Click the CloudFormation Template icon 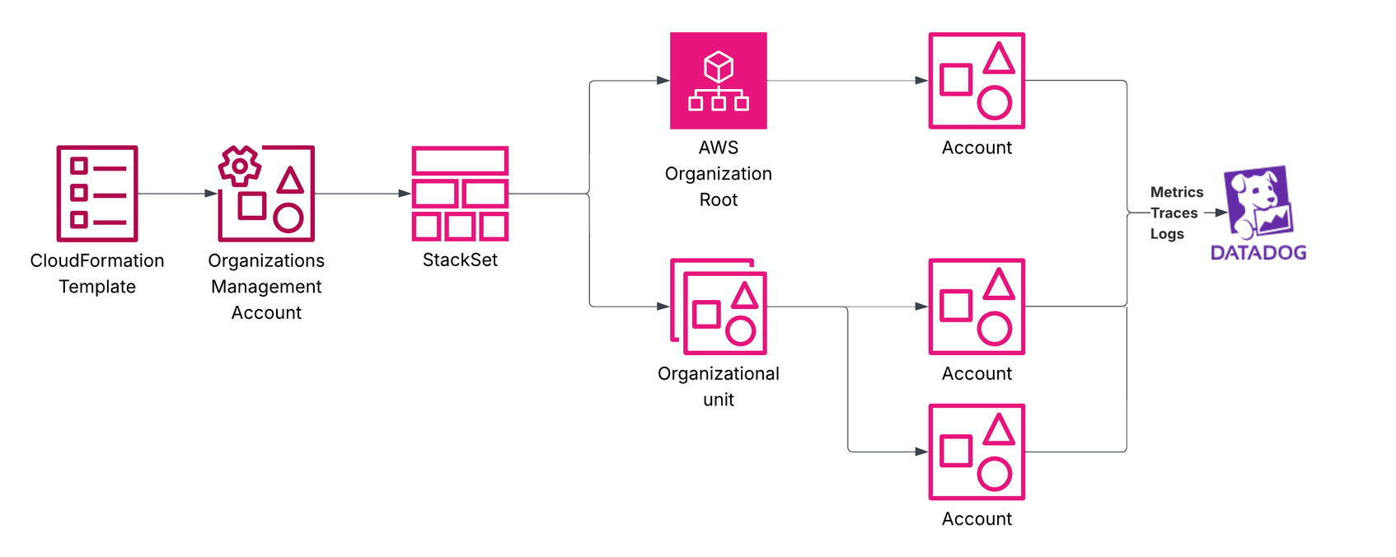97,194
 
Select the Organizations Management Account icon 267,194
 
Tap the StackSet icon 460,194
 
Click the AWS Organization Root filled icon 719,81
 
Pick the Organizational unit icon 719,307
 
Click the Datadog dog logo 1258,202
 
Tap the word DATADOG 1258,253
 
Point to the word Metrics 1177,192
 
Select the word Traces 1174,213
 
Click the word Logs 1167,234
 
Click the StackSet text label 460,260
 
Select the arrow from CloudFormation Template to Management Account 177,194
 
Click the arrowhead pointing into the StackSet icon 405,194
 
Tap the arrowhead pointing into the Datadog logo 1221,213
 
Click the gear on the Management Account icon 240,166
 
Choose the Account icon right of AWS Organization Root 977,81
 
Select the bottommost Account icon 977,452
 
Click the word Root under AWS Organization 719,200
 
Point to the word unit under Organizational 719,400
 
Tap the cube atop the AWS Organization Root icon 719,66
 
